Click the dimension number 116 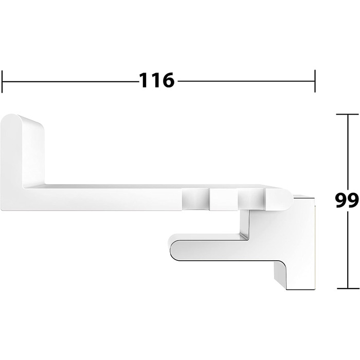click(x=157, y=80)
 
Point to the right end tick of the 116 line click(x=314, y=80)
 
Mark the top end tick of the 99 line click(x=346, y=114)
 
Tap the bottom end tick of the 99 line click(x=346, y=286)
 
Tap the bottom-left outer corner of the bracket click(x=5, y=208)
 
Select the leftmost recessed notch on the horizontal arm click(x=195, y=199)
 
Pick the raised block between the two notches click(x=223, y=199)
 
